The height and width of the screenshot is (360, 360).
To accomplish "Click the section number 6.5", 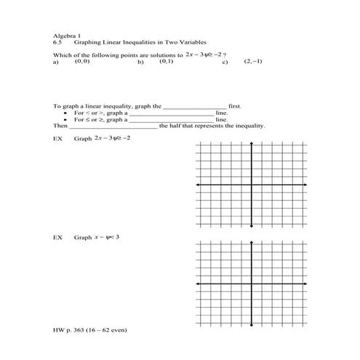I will pyautogui.click(x=57, y=42).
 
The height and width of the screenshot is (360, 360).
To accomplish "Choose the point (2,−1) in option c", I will pyautogui.click(x=254, y=62).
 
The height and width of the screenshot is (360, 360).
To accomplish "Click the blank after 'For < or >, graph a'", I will pyautogui.click(x=172, y=113).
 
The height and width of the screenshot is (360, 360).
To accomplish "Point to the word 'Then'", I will pyautogui.click(x=60, y=125).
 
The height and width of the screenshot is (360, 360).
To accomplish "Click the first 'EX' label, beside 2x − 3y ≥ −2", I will pyautogui.click(x=58, y=137).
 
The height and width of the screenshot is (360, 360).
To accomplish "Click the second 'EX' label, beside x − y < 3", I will pyautogui.click(x=58, y=238).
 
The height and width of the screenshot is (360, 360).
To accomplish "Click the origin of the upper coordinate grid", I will pyautogui.click(x=252, y=185).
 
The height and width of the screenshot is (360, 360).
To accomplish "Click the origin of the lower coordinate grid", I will pyautogui.click(x=252, y=284).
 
